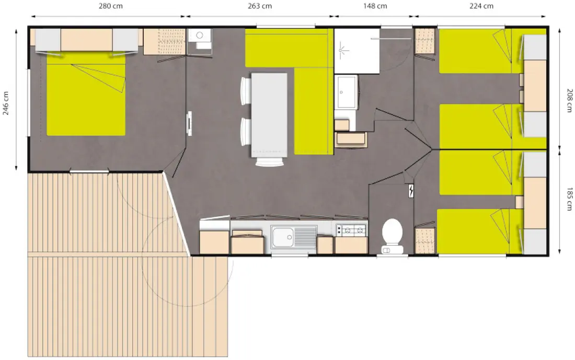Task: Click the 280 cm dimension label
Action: pyautogui.click(x=111, y=6)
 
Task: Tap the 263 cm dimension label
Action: pyautogui.click(x=260, y=6)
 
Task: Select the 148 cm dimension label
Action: pyautogui.click(x=375, y=6)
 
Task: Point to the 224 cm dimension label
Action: pyautogui.click(x=481, y=6)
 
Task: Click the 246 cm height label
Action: pyautogui.click(x=6, y=103)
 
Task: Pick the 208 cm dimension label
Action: pyautogui.click(x=569, y=100)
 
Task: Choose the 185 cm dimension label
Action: pyautogui.click(x=569, y=199)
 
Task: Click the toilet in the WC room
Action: pyautogui.click(x=393, y=236)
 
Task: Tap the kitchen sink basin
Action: pyautogui.click(x=283, y=237)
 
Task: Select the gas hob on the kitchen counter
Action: pyautogui.click(x=352, y=230)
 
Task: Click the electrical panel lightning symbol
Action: pyautogui.click(x=411, y=191)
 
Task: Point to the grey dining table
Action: pyautogui.click(x=269, y=115)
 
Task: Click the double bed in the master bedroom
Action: pyautogui.click(x=86, y=94)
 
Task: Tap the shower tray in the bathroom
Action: pyautogui.click(x=357, y=51)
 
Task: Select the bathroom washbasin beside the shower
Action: pyautogui.click(x=346, y=92)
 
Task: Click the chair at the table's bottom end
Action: pyautogui.click(x=270, y=161)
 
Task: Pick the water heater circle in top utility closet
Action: pyautogui.click(x=200, y=35)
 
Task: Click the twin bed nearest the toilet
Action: pyautogui.click(x=480, y=231)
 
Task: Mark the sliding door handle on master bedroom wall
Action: pyautogui.click(x=189, y=123)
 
